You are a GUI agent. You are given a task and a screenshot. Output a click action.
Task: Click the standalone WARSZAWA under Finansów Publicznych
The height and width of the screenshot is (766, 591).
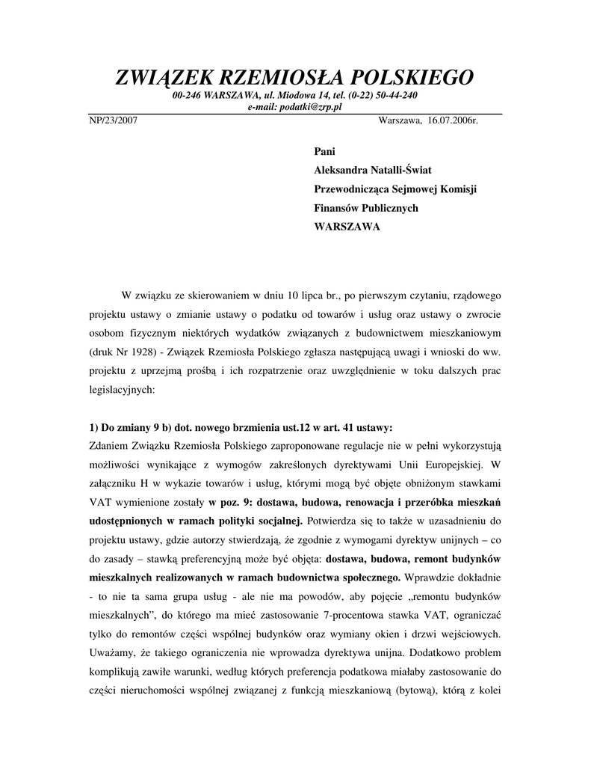pyautogui.click(x=347, y=227)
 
